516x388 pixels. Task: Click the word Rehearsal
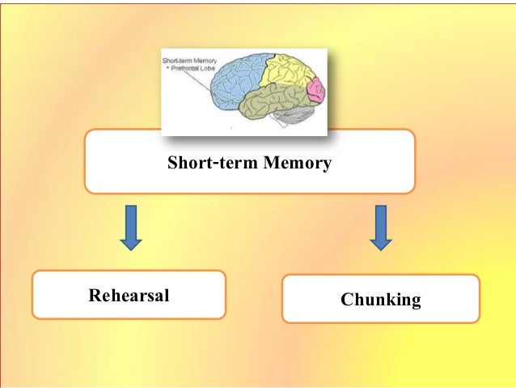129,295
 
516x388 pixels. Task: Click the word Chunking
380,301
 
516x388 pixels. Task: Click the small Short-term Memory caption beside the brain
184,61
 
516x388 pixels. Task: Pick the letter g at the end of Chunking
416,302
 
